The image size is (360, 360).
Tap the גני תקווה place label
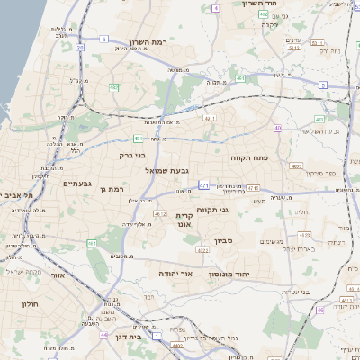click(237, 210)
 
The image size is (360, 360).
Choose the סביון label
click(224, 241)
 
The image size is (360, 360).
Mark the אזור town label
click(58, 275)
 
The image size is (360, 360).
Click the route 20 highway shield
click(79, 47)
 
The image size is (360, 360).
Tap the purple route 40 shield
click(278, 129)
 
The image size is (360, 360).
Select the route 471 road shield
click(204, 185)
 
